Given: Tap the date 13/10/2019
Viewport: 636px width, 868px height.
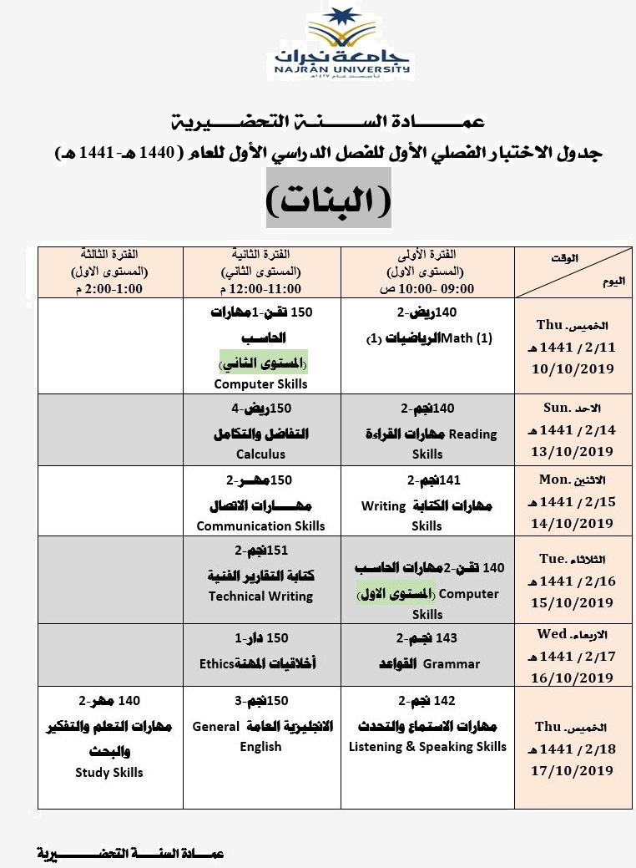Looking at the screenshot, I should pyautogui.click(x=573, y=452).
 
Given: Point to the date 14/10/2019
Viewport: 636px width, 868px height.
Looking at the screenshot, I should pyautogui.click(x=573, y=524).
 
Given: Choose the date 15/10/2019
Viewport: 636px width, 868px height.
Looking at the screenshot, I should pyautogui.click(x=573, y=602).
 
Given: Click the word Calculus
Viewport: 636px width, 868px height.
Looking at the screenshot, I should pyautogui.click(x=260, y=454).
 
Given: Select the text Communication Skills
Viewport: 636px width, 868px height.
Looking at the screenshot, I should pyautogui.click(x=260, y=526).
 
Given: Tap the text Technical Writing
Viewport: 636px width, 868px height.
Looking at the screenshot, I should pyautogui.click(x=260, y=596).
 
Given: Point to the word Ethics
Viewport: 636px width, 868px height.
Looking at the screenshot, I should pyautogui.click(x=215, y=664).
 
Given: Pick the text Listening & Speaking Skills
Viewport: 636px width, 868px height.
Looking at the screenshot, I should pyautogui.click(x=427, y=747).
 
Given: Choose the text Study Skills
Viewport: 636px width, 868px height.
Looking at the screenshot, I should pyautogui.click(x=109, y=773).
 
